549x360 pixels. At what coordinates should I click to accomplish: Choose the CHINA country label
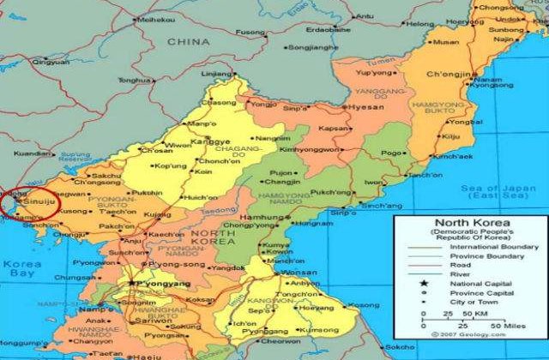coord(184,41)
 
